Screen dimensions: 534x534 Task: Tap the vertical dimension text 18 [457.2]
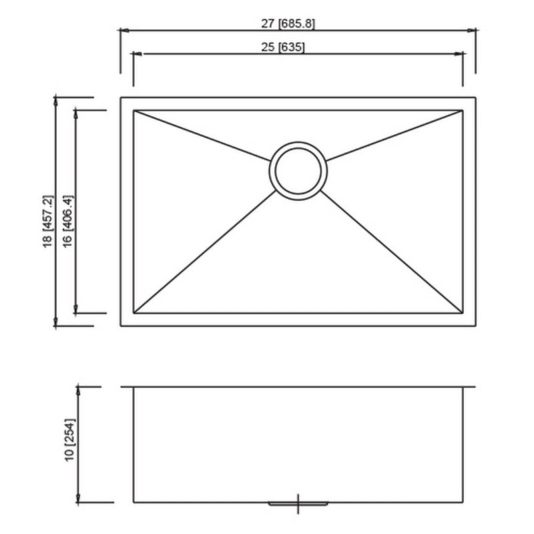click(47, 222)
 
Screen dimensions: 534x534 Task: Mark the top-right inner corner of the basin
click(463, 110)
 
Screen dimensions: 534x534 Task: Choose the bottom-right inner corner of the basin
click(463, 313)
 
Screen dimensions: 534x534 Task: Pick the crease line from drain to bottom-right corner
click(394, 254)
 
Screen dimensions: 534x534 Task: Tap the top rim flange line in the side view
click(298, 386)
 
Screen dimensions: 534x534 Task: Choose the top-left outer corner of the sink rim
click(121, 97)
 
